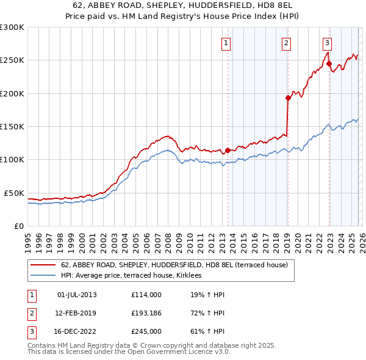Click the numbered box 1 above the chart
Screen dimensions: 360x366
pyautogui.click(x=226, y=43)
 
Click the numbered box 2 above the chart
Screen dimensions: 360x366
pyautogui.click(x=286, y=43)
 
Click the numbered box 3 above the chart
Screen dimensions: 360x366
pyautogui.click(x=328, y=43)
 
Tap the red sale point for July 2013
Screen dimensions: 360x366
pyautogui.click(x=228, y=150)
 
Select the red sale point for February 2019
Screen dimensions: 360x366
pyautogui.click(x=288, y=98)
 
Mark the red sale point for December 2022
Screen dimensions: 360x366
pyautogui.click(x=329, y=63)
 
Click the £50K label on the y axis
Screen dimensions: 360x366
pyautogui.click(x=14, y=193)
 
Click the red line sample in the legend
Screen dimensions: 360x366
pyautogui.click(x=43, y=265)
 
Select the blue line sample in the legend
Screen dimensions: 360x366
pyautogui.click(x=43, y=276)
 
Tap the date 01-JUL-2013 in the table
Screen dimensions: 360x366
pyautogui.click(x=77, y=295)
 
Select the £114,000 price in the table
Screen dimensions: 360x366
pyautogui.click(x=146, y=295)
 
